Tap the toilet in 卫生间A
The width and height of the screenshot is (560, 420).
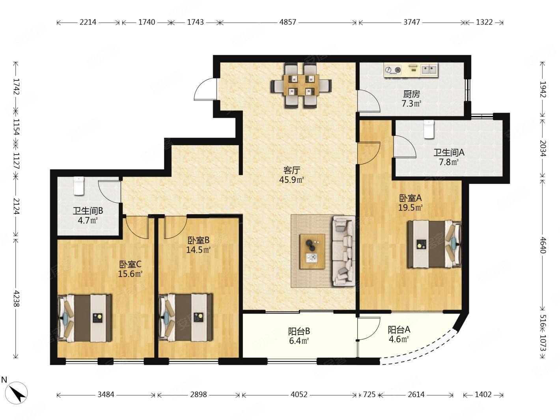point(429,129)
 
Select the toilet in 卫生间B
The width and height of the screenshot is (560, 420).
point(79,186)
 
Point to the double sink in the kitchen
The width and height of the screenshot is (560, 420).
point(429,69)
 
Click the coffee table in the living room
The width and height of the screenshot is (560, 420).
point(312,252)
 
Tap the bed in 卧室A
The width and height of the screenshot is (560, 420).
point(435,244)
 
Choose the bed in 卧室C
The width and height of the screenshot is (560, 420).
point(84,318)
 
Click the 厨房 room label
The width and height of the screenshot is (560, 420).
point(411,95)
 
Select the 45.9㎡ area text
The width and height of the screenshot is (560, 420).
point(291,180)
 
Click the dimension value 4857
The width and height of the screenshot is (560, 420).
point(287,22)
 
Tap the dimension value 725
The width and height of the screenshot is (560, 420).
point(369,395)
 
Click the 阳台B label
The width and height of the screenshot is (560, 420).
point(299,331)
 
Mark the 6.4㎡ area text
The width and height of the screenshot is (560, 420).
point(299,341)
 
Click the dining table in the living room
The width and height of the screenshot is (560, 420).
point(301,85)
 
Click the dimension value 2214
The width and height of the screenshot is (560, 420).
point(88,22)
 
